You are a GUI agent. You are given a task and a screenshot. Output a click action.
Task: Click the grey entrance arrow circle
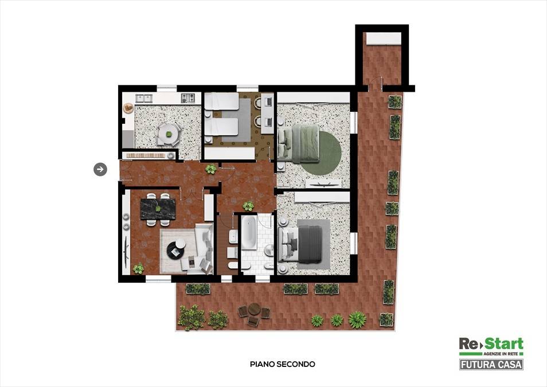tap(100, 170)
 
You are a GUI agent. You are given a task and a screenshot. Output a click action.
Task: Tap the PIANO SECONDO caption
tap(283, 364)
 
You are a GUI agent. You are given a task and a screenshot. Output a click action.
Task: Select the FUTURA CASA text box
tap(491, 365)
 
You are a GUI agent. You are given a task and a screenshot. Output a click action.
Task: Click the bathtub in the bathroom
tap(249, 232)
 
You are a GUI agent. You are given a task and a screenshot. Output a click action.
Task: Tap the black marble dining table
tap(158, 209)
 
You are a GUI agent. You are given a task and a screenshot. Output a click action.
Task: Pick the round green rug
tap(321, 153)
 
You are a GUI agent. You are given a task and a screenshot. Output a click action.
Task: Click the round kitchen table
tap(169, 134)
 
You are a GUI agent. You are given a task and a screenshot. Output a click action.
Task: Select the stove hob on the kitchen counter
tap(188, 98)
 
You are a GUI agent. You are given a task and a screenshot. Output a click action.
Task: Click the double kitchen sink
tap(144, 99)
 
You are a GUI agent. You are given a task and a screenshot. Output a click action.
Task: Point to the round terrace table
tap(255, 308)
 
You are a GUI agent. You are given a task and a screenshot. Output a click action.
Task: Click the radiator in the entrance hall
tap(146, 155)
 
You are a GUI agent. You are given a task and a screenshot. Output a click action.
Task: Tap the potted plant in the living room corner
tap(139, 268)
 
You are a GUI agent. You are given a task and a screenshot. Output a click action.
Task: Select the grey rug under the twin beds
tap(236, 120)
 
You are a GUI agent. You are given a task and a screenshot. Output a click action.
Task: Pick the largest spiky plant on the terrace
tap(358, 320)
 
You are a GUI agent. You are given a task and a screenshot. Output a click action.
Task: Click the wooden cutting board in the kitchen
tap(129, 108)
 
